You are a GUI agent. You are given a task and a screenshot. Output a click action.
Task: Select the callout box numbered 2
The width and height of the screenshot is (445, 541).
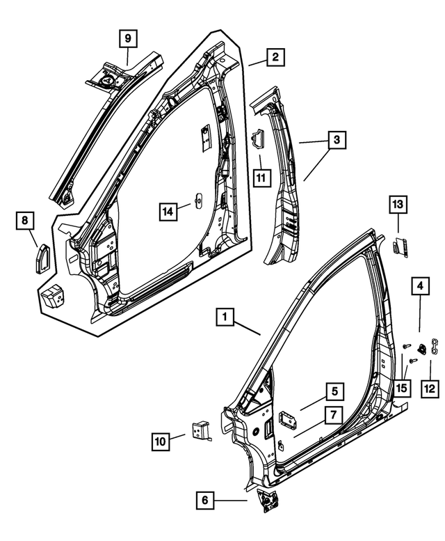[275, 57]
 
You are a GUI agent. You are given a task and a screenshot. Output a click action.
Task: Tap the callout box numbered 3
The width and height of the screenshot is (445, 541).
[336, 141]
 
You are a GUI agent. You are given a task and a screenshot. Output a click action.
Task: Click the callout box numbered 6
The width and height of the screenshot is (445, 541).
[204, 499]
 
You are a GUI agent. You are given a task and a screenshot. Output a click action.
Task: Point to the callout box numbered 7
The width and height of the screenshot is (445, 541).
[333, 416]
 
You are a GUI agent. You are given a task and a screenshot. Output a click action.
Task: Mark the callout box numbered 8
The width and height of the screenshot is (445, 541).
[25, 221]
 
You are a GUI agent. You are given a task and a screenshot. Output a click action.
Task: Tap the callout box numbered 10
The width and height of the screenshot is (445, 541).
[161, 441]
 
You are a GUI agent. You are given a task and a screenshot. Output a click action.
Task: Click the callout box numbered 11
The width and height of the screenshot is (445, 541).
[261, 179]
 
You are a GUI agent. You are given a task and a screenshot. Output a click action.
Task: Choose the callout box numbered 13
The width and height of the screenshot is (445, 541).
[398, 204]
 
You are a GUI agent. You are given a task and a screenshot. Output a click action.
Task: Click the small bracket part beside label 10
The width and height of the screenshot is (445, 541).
[201, 430]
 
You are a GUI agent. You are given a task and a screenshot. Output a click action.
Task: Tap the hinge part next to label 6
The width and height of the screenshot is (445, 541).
[266, 501]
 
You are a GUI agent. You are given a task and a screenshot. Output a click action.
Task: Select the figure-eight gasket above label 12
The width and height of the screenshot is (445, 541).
[433, 346]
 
